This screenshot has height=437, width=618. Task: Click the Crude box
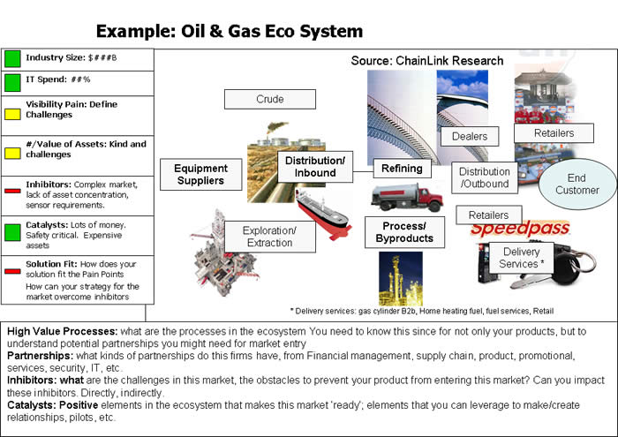coord(270,99)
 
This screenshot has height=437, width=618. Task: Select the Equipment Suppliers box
coord(201,174)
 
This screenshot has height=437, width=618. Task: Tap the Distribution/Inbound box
coord(315,167)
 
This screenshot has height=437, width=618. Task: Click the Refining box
coord(402,169)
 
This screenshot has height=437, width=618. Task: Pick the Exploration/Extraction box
coord(270,237)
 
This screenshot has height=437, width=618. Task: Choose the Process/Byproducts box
coord(404,232)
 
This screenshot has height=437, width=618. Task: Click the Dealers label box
coord(470,136)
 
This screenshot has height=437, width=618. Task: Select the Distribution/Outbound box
coord(485,177)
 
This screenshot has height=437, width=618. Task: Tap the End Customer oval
coord(577,184)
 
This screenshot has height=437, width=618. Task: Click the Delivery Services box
coord(522,258)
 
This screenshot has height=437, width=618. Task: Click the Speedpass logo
coord(520,228)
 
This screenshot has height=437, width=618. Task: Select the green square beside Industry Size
coord(12,59)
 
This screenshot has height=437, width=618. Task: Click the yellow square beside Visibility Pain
coord(12,114)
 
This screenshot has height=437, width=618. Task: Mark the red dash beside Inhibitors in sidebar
coord(12,191)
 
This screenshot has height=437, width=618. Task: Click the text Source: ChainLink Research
coord(427,61)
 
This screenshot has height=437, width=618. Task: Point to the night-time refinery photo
coord(401,279)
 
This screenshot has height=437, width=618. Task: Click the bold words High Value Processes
coord(63,331)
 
